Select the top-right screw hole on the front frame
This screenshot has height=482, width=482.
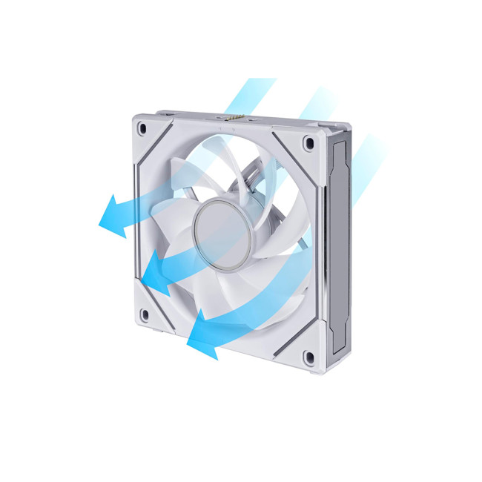(308, 142)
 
